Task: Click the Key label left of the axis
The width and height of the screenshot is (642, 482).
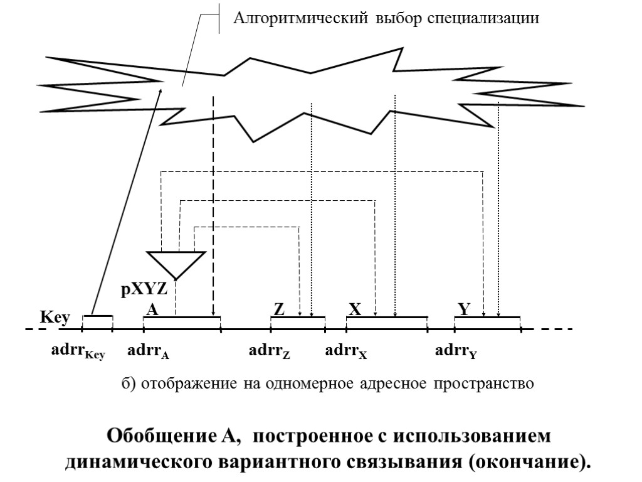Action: click(x=55, y=318)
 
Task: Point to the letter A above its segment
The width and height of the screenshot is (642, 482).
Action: click(x=152, y=310)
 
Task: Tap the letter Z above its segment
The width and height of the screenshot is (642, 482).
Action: click(x=280, y=310)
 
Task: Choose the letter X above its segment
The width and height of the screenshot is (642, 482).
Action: click(x=355, y=310)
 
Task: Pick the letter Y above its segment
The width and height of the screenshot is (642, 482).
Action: click(x=464, y=310)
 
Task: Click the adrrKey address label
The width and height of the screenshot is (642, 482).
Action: click(x=78, y=351)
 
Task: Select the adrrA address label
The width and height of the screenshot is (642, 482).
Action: click(x=148, y=351)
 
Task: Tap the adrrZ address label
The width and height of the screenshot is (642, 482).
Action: click(x=270, y=351)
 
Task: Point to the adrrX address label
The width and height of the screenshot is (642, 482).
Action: click(x=345, y=351)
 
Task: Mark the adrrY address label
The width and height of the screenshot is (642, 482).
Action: click(x=456, y=351)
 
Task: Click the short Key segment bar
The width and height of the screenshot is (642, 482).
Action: click(x=98, y=316)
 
